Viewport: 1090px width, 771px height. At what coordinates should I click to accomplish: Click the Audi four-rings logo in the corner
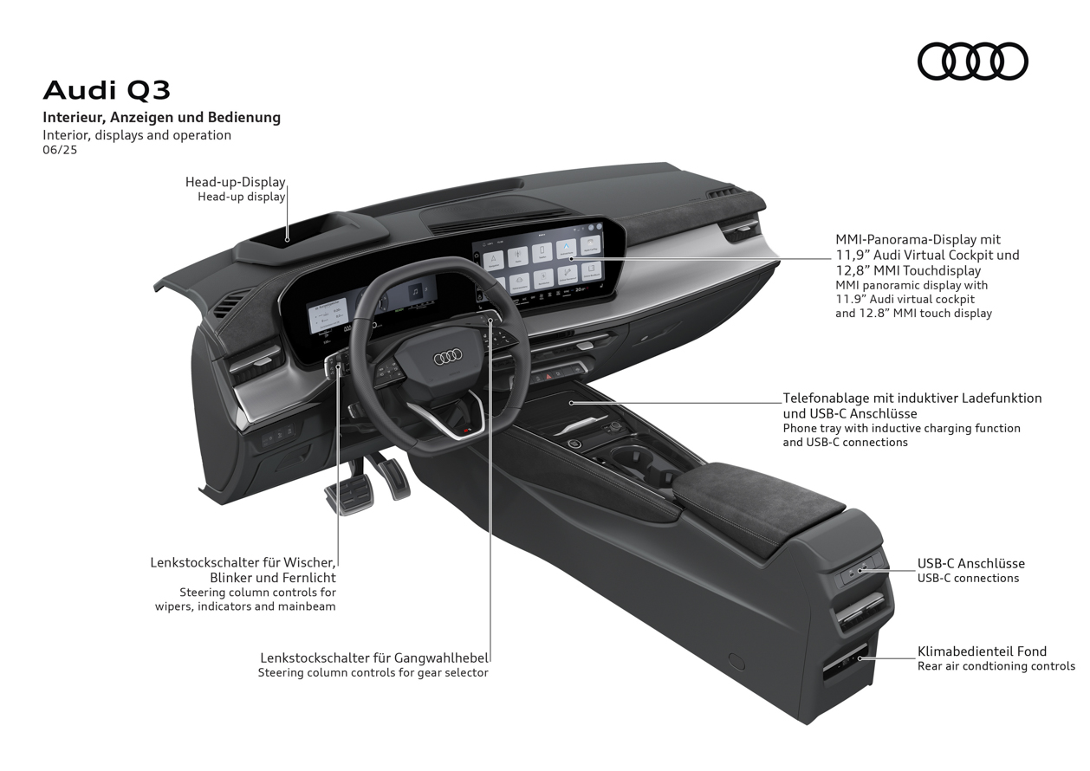coord(972,62)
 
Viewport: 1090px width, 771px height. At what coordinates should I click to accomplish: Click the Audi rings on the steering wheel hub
coord(447,357)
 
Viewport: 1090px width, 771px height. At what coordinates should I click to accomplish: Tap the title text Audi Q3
coord(107,90)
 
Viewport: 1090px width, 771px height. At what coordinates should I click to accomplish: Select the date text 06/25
coord(60,150)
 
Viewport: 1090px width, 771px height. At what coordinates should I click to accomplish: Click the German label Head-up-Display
coord(235,182)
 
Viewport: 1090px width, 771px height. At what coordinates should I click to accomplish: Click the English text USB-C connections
coord(968,579)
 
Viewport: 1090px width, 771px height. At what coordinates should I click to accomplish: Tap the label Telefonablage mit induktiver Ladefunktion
coord(912,398)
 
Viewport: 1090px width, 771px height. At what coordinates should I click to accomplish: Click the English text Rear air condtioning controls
coord(996,666)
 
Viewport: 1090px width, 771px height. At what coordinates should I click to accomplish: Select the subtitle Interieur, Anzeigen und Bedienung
coord(162,117)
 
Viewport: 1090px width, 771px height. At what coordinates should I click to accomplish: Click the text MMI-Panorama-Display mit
coord(918,239)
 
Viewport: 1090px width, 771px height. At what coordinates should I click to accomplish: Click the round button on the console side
coord(736,662)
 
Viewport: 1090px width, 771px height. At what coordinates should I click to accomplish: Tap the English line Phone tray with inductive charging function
coord(901,428)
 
